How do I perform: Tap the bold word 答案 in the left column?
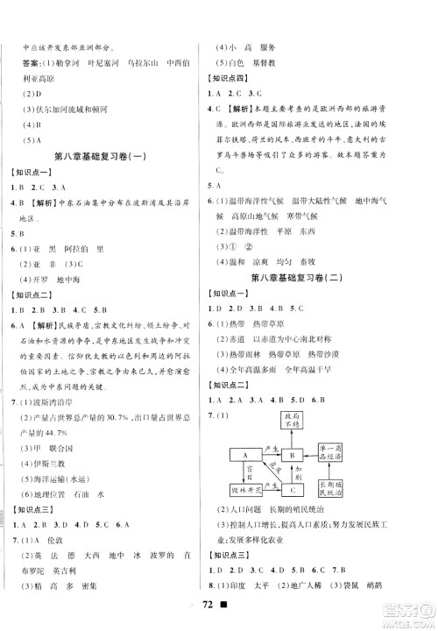click(x=39, y=65)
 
